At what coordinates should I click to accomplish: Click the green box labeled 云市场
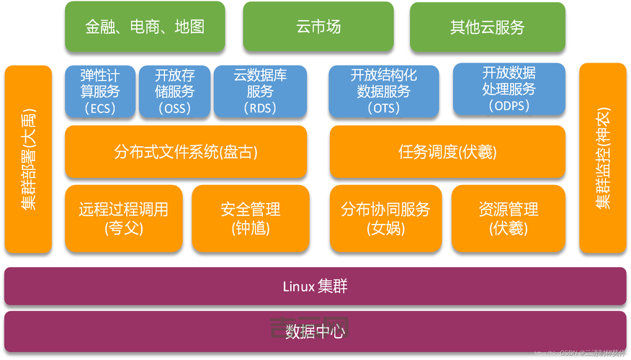(318, 27)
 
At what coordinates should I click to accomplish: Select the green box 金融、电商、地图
(145, 27)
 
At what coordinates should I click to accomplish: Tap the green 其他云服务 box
(488, 27)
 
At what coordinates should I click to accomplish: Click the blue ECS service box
(99, 91)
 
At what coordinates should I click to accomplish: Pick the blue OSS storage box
(175, 91)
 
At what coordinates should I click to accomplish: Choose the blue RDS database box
(260, 91)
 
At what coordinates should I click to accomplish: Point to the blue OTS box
(383, 91)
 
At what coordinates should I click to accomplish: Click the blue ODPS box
(509, 89)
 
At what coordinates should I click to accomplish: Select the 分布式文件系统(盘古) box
(186, 152)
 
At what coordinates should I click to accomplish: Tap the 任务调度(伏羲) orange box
(447, 152)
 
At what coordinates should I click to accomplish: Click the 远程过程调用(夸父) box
(123, 218)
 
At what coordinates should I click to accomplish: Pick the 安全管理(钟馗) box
(250, 218)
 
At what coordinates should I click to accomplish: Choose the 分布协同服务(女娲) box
(385, 218)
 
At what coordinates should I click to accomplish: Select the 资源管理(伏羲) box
(509, 218)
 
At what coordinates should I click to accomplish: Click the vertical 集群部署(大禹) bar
(29, 160)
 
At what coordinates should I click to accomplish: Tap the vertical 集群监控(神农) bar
(603, 160)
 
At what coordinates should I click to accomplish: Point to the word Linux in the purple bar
(297, 287)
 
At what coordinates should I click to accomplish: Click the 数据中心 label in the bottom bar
(315, 332)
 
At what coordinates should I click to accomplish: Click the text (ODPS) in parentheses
(509, 106)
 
